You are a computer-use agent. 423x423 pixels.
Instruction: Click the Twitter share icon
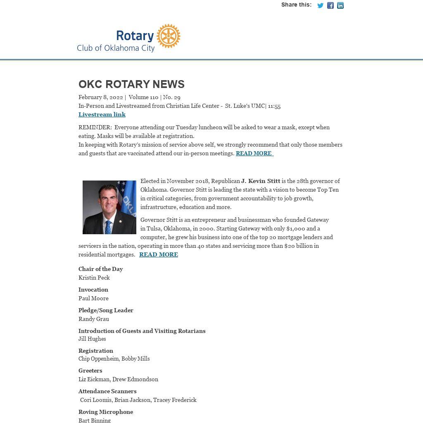click(320, 5)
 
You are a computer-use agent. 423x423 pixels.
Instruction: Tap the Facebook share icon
click(330, 5)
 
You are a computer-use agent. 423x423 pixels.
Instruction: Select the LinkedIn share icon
click(340, 5)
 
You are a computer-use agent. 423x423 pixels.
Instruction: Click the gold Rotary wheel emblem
click(169, 36)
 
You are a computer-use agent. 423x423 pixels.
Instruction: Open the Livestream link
click(102, 114)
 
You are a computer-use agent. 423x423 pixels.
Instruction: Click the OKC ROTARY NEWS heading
click(131, 84)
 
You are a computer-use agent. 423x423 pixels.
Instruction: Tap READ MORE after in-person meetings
click(254, 153)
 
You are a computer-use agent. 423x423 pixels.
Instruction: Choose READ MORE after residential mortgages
click(159, 254)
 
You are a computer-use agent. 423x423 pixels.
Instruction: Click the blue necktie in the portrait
click(108, 226)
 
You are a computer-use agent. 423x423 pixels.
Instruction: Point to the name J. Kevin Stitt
click(261, 181)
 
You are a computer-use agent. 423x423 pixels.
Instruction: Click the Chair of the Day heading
click(101, 269)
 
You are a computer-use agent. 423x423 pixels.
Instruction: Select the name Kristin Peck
click(94, 278)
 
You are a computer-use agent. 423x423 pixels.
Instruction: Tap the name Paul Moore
click(93, 298)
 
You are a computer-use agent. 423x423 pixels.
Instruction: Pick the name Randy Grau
click(94, 319)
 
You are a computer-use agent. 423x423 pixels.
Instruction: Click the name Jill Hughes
click(92, 339)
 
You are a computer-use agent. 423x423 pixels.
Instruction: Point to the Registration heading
click(96, 351)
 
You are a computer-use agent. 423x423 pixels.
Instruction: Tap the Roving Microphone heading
click(106, 412)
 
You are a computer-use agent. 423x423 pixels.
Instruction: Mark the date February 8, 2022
click(101, 97)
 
